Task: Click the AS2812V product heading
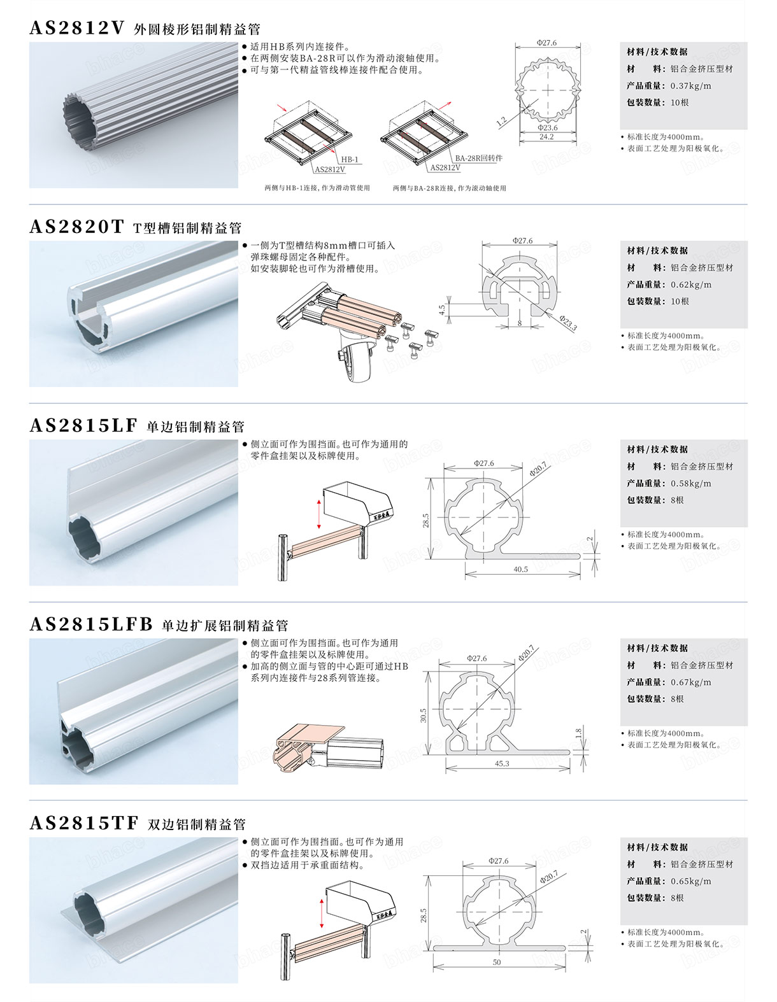point(77,27)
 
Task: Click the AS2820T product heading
point(77,227)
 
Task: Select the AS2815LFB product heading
point(91,624)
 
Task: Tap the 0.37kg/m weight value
point(691,86)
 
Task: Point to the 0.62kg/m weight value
point(691,285)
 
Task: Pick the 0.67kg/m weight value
point(691,682)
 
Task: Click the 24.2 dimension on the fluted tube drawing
point(546,137)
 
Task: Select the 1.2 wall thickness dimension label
point(501,122)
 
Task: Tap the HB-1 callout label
point(350,160)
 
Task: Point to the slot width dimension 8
point(519,323)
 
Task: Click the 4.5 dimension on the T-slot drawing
point(442,310)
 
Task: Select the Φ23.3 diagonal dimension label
point(568,323)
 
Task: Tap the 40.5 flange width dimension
point(520,570)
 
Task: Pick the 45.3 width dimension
point(502,764)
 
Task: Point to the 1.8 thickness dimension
point(579,732)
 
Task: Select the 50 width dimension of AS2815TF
point(497,963)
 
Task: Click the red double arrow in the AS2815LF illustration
point(318,514)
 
